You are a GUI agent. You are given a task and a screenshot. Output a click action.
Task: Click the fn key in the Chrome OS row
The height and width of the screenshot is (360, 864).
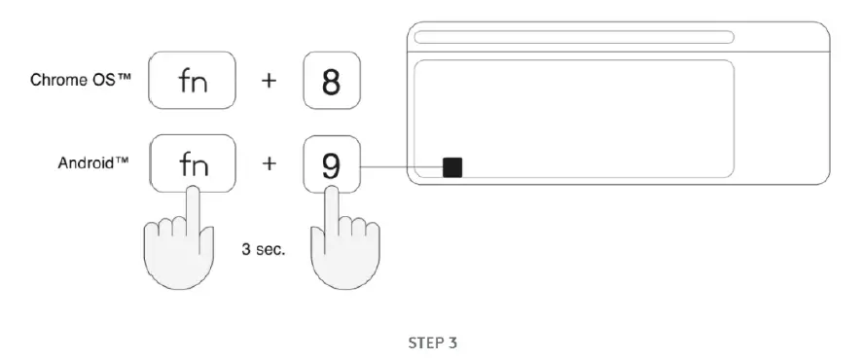(x=192, y=82)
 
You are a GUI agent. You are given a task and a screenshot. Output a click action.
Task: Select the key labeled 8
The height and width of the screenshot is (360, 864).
(x=331, y=82)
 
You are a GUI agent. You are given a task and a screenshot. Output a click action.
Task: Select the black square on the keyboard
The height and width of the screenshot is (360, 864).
(x=451, y=168)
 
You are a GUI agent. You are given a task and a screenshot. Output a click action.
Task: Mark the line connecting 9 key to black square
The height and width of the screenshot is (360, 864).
(x=399, y=168)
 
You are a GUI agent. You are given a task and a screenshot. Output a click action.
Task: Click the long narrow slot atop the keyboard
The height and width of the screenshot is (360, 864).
(x=573, y=38)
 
